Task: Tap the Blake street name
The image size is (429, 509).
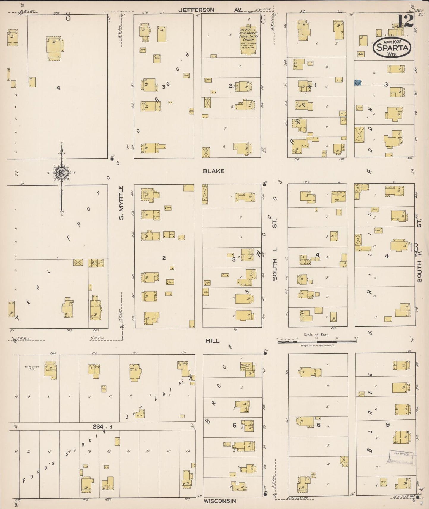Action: point(213,171)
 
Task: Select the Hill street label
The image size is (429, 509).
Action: point(213,341)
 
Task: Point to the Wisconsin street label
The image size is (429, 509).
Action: point(220,501)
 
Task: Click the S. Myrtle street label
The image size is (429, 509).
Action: point(121,203)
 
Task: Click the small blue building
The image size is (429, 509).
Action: point(358,83)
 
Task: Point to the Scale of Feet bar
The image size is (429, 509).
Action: point(317,342)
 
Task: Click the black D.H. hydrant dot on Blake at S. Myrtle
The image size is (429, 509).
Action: point(112,159)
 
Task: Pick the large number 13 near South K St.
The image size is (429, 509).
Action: point(415,247)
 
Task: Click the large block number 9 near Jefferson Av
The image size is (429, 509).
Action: point(263,20)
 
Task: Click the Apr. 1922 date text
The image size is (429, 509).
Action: point(392,42)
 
